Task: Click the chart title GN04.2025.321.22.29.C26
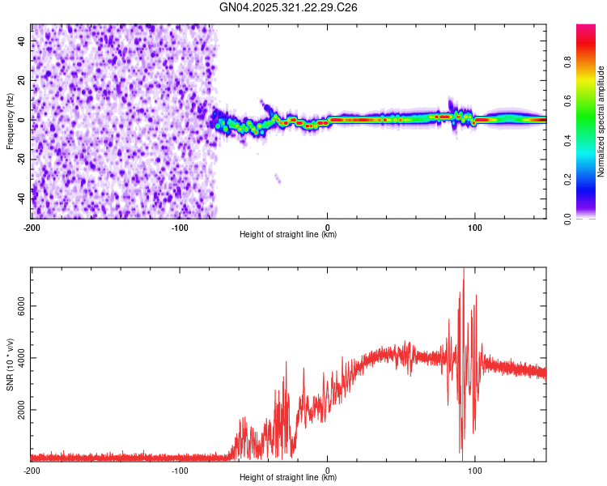tap(289, 7)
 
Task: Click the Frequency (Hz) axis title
tap(10, 121)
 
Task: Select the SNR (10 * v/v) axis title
tap(10, 364)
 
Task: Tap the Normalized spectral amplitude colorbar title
tap(601, 122)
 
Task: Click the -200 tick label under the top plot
tap(32, 227)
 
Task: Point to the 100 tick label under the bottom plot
tap(475, 470)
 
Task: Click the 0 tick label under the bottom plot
tap(327, 470)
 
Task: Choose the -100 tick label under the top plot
tap(180, 227)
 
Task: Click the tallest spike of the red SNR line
tap(464, 271)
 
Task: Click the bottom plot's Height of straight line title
tap(289, 477)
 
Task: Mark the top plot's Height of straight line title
tap(289, 234)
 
